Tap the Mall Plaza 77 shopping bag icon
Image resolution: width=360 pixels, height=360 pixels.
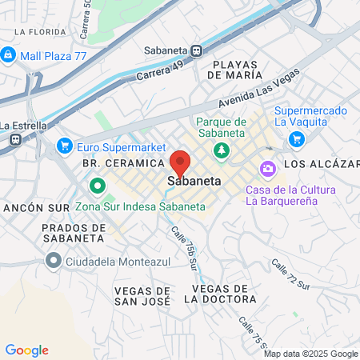click(x=9, y=54)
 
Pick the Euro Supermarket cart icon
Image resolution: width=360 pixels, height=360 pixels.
click(x=66, y=146)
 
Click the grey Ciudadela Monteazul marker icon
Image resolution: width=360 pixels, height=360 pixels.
click(x=54, y=259)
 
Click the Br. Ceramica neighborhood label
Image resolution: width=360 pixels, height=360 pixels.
click(x=118, y=163)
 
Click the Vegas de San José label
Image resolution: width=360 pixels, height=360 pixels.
click(x=142, y=296)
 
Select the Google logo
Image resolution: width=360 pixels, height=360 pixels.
click(x=26, y=350)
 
